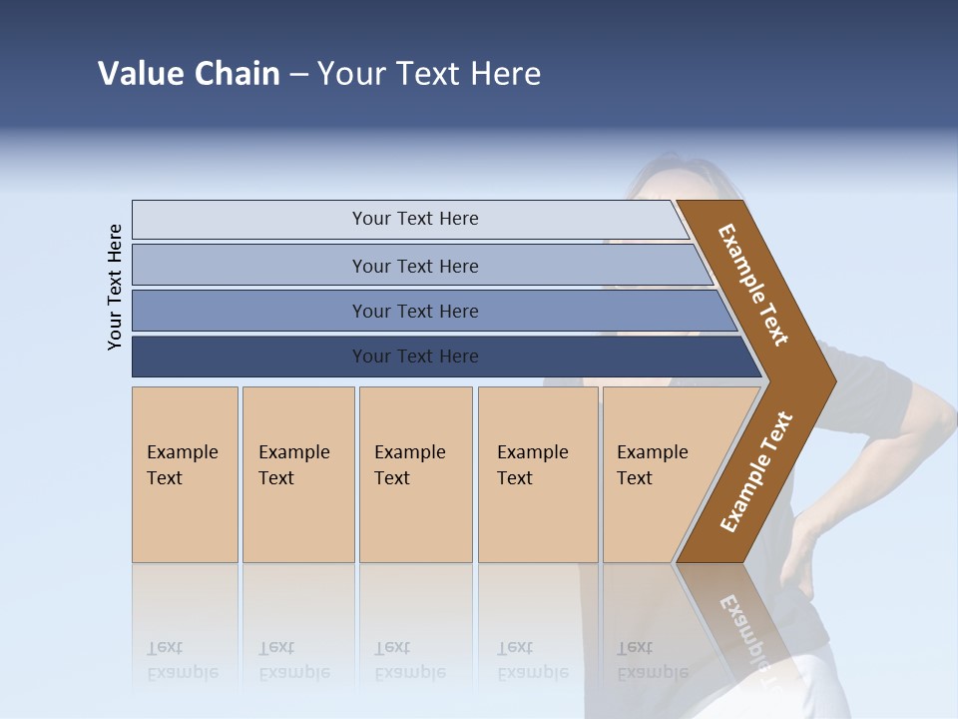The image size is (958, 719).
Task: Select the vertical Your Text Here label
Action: pyautogui.click(x=115, y=287)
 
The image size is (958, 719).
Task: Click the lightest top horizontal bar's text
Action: pyautogui.click(x=415, y=219)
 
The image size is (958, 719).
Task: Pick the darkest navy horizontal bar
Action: pyautogui.click(x=415, y=357)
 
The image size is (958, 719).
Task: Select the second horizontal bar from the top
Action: pyautogui.click(x=415, y=266)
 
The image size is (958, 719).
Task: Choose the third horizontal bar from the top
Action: pyautogui.click(x=415, y=311)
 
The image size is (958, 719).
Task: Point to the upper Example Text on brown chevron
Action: pyautogui.click(x=754, y=285)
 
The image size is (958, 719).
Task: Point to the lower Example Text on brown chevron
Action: pyautogui.click(x=756, y=471)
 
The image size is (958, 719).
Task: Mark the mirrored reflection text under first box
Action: pyautogui.click(x=183, y=660)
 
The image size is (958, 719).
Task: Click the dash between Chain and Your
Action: pyautogui.click(x=298, y=75)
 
